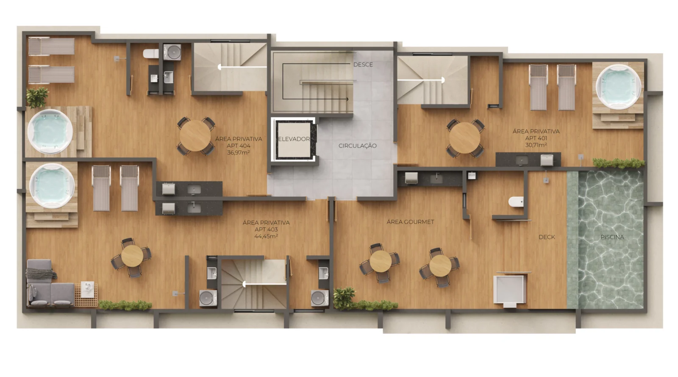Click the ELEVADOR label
point(294,139)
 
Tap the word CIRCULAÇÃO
point(358,145)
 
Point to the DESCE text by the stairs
point(363,64)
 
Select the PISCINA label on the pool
point(612,237)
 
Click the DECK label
point(547,237)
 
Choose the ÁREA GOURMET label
point(410,222)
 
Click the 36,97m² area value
point(239,153)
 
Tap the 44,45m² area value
point(266,236)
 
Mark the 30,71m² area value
point(536,145)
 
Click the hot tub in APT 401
point(618,87)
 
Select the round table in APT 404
point(195,136)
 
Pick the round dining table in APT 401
point(464,138)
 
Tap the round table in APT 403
point(132,256)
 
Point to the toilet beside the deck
point(516,202)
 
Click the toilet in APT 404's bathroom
point(151,53)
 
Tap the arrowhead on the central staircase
point(347,99)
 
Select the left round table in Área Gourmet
point(381,262)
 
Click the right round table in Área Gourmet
point(440,265)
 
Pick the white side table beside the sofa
point(87,289)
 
